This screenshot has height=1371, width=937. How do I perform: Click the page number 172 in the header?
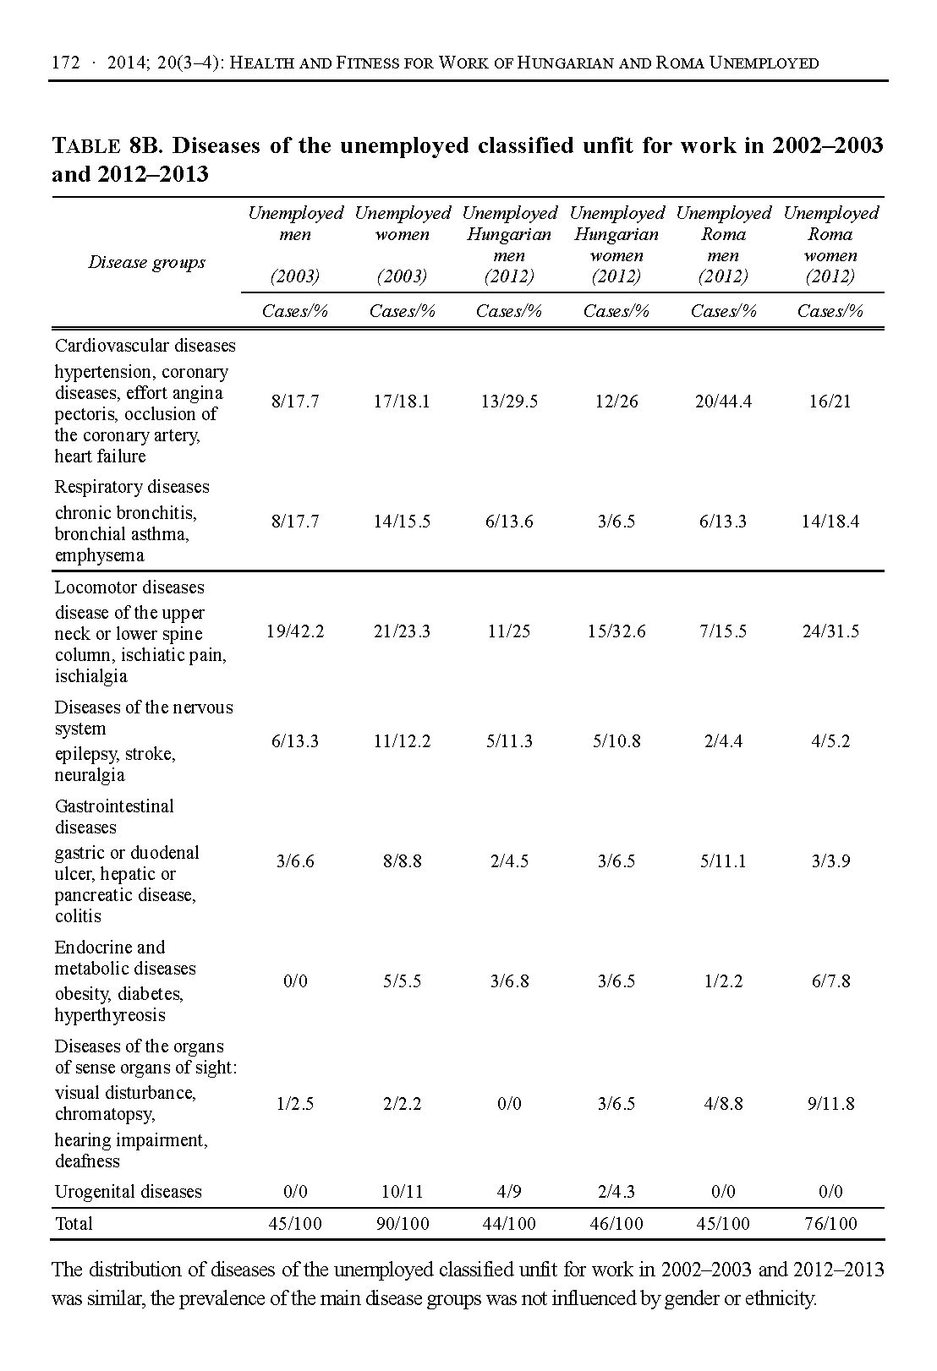tap(65, 63)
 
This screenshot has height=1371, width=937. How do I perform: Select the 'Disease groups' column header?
tap(146, 262)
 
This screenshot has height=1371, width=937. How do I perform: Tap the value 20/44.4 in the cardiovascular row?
tap(723, 401)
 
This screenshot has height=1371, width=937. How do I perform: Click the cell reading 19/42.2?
tap(295, 631)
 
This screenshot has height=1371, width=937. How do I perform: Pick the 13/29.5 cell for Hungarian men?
tap(509, 401)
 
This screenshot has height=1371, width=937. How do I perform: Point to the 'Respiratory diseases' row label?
tap(132, 487)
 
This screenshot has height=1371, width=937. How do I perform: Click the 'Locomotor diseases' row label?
tap(129, 587)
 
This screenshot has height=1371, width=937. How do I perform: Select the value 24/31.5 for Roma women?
tap(830, 631)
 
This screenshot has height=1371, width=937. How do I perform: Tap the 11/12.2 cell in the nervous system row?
tap(402, 741)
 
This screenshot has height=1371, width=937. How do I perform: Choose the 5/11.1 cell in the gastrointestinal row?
tap(723, 861)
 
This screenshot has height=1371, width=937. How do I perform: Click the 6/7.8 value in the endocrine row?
tap(830, 981)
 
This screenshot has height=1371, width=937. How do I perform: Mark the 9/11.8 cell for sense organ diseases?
tap(830, 1104)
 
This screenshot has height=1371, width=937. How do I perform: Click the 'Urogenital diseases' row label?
tap(128, 1192)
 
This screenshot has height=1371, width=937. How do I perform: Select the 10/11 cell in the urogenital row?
tap(402, 1192)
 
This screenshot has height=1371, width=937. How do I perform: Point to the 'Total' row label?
tap(74, 1223)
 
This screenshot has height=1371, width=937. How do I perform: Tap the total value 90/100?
tap(402, 1223)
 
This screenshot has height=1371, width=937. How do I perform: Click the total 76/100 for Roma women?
tap(830, 1223)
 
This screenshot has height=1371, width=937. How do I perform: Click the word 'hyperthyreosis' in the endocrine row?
tap(110, 1015)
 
